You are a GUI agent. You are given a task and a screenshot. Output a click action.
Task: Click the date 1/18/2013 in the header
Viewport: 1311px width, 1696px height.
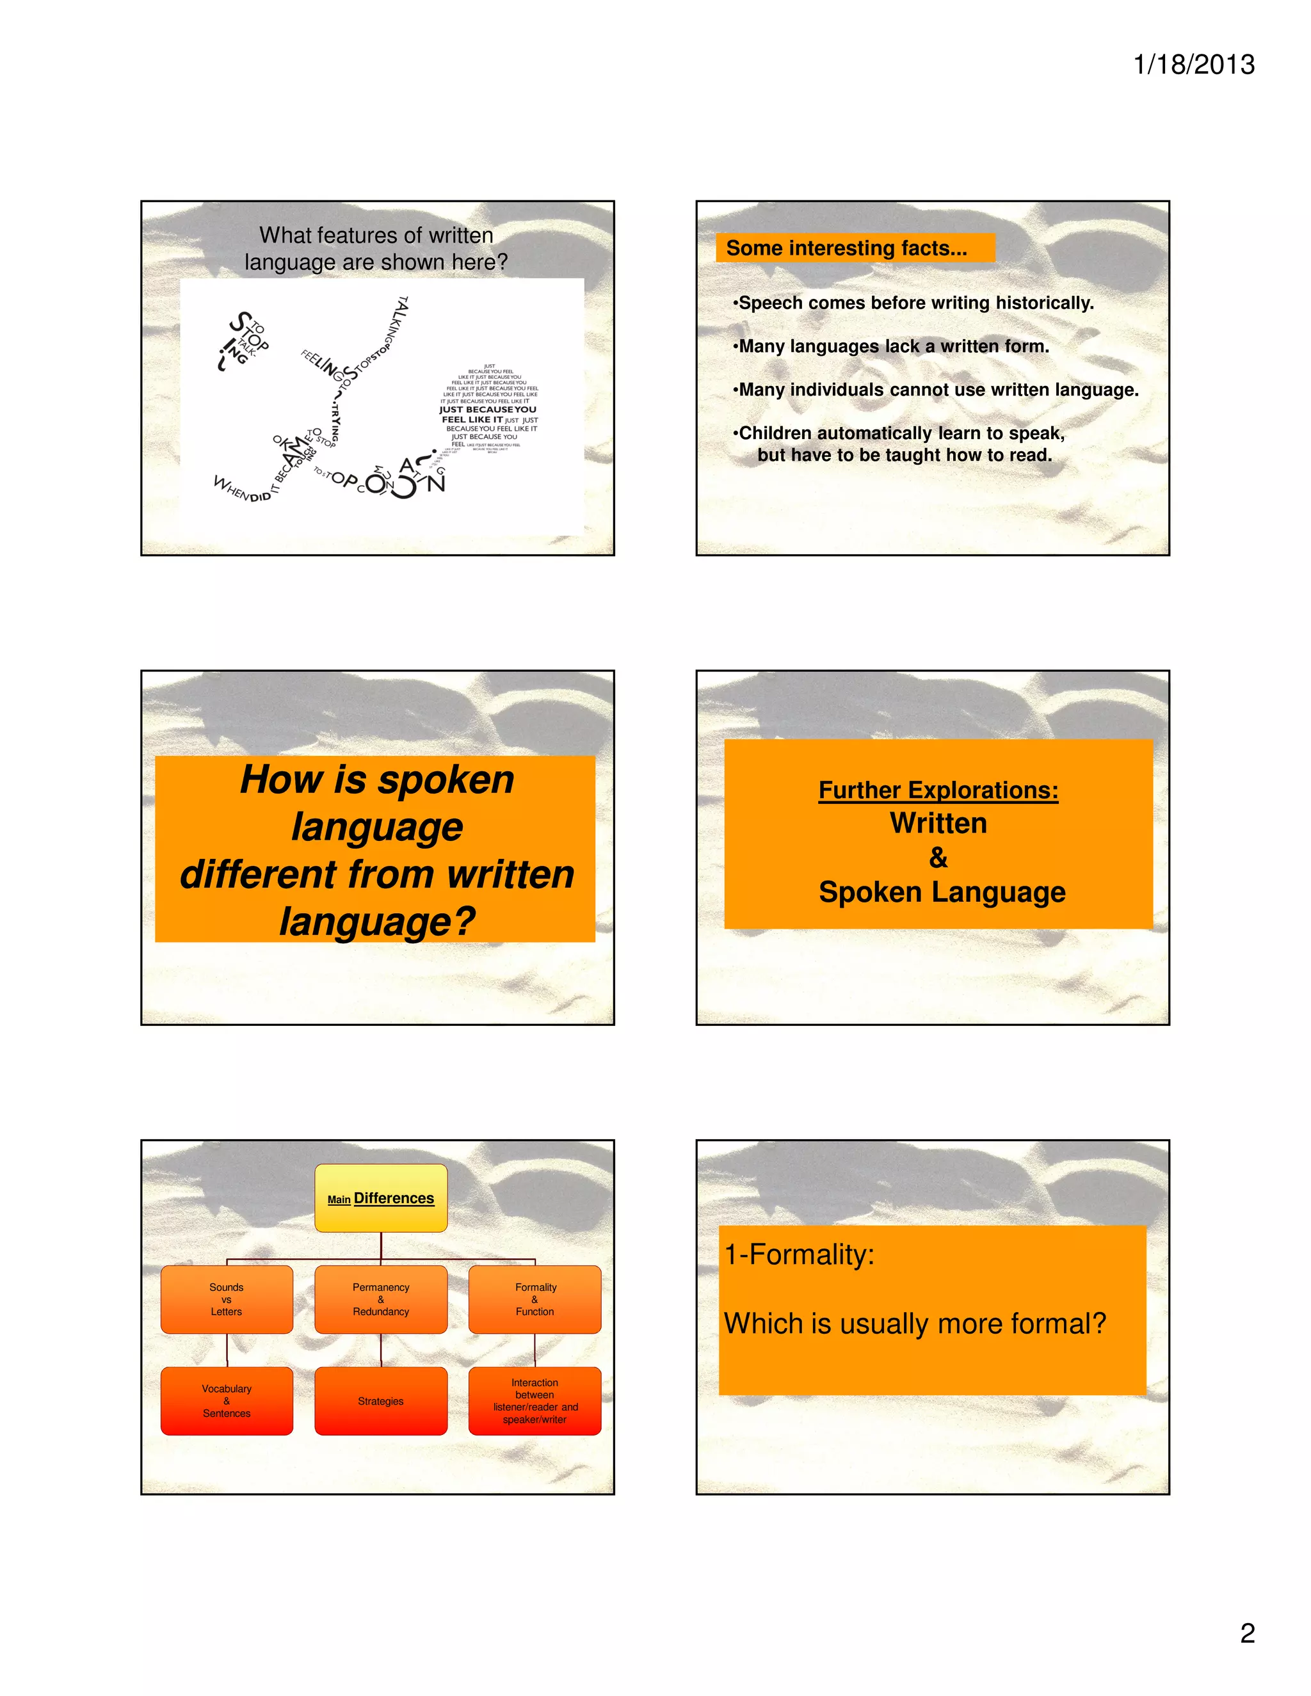pos(1193,65)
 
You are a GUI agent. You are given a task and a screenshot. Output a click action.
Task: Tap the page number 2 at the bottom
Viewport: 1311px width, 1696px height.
pos(1246,1633)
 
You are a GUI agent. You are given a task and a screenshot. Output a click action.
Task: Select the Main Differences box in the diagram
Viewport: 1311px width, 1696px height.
pos(381,1198)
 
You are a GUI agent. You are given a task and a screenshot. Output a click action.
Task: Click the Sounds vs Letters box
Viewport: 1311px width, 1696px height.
pos(227,1299)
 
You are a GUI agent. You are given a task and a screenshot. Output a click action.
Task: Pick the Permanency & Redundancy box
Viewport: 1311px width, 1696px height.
pos(381,1299)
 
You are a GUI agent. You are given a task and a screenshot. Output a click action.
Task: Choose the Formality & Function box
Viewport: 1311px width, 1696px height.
pos(535,1299)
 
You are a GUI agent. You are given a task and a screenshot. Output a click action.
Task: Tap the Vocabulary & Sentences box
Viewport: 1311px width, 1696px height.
pos(227,1401)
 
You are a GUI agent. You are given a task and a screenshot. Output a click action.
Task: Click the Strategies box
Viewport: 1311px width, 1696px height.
pos(381,1401)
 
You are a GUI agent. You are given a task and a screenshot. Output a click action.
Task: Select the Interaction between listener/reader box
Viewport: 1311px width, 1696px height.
pos(535,1401)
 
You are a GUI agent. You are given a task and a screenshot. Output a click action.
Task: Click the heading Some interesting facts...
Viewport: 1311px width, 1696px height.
pos(846,248)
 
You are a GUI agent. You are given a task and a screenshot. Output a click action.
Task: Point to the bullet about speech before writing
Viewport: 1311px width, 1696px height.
pos(915,303)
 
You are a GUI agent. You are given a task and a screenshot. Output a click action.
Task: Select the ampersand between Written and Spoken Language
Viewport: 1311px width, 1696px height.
pos(938,858)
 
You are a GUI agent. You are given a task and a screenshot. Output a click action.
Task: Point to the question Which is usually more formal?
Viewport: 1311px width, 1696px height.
pos(914,1324)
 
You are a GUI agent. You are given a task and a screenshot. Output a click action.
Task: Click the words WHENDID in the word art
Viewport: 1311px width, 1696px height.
pos(243,489)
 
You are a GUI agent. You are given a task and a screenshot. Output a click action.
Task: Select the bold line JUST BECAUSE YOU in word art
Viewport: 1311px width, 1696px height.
pos(488,409)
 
